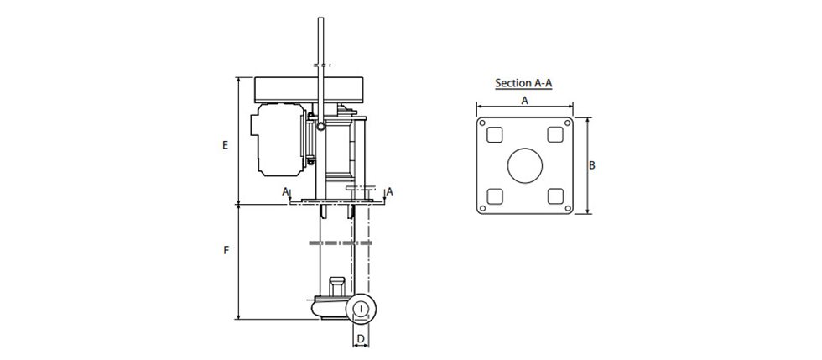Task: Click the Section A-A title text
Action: click(x=524, y=83)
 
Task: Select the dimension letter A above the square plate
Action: click(x=524, y=100)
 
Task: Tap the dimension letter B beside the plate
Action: click(x=591, y=165)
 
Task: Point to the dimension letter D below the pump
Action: click(x=360, y=339)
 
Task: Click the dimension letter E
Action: click(x=225, y=144)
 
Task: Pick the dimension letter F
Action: click(x=226, y=251)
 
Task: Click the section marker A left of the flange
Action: click(x=286, y=191)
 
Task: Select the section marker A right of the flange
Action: click(x=390, y=191)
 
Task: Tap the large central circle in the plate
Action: click(x=524, y=165)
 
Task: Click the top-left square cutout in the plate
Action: click(x=494, y=134)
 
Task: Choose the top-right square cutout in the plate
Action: click(x=554, y=134)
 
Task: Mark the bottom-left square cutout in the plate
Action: click(x=494, y=196)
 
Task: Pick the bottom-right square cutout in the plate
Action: click(x=554, y=196)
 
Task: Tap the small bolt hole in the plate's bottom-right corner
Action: click(x=566, y=208)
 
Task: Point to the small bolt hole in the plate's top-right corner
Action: click(x=566, y=123)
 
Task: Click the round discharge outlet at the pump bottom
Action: click(x=360, y=310)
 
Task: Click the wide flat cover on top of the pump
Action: click(x=312, y=89)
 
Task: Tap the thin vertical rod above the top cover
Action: click(x=320, y=42)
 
